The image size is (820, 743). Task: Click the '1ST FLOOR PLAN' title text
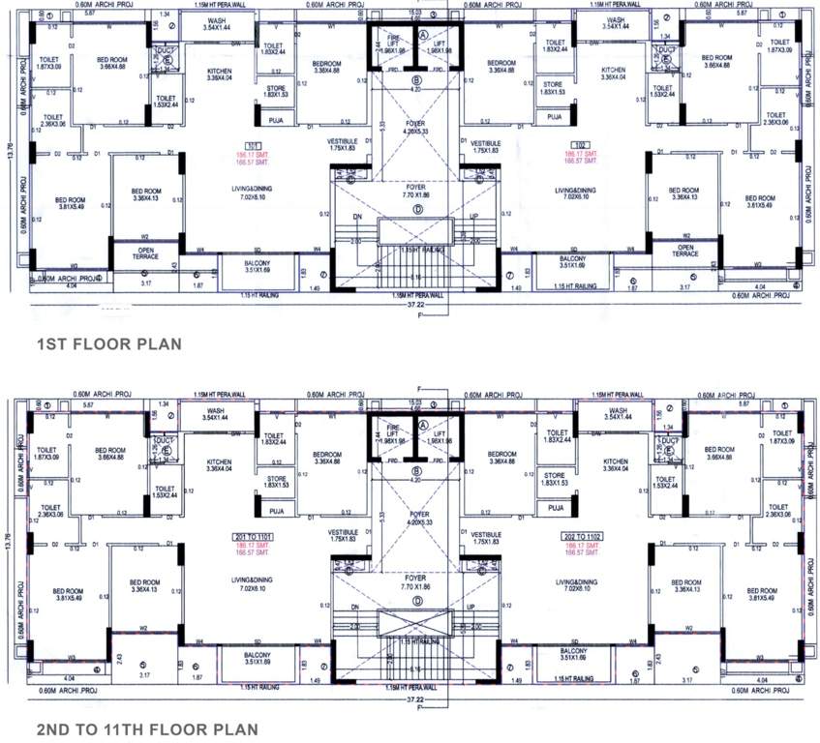(107, 343)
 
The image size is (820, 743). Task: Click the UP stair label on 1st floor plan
(473, 218)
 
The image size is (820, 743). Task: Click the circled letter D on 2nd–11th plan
(417, 601)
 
